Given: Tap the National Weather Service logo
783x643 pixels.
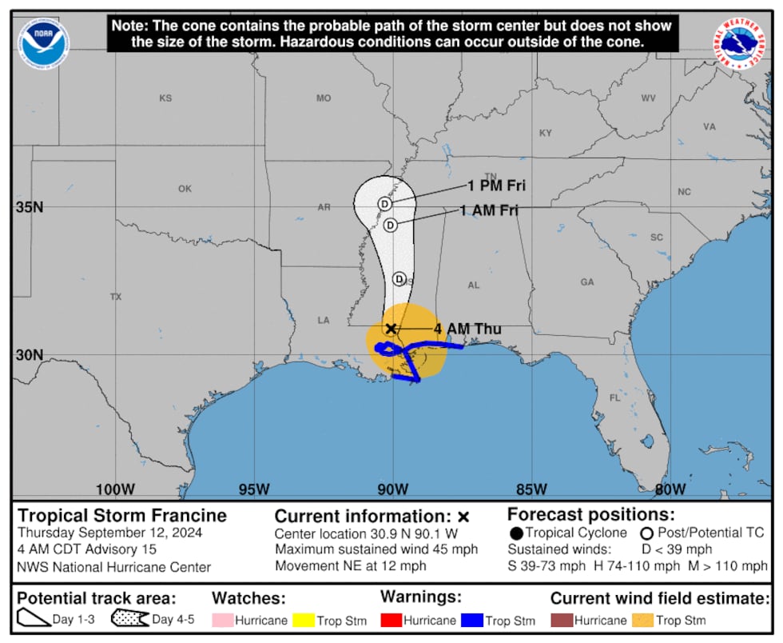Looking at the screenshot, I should coord(739,43).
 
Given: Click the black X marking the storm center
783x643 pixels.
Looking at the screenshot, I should coord(391,328).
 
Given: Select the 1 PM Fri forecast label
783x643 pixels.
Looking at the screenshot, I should coord(496,186).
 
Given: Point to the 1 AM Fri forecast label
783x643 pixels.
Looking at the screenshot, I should coord(489,210).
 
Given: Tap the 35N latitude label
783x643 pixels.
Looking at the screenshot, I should coord(29,207).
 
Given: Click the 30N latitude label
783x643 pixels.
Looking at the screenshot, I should coord(29,354).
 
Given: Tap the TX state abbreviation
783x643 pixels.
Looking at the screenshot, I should coord(116,297).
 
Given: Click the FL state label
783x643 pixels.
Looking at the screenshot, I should coord(614,397).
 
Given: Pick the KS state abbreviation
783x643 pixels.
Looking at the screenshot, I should coord(165,98).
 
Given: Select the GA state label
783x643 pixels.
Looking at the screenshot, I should coord(587,282).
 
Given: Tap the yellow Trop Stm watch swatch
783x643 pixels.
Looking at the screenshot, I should coord(304,620).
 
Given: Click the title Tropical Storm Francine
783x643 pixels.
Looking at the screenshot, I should coord(122,516).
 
